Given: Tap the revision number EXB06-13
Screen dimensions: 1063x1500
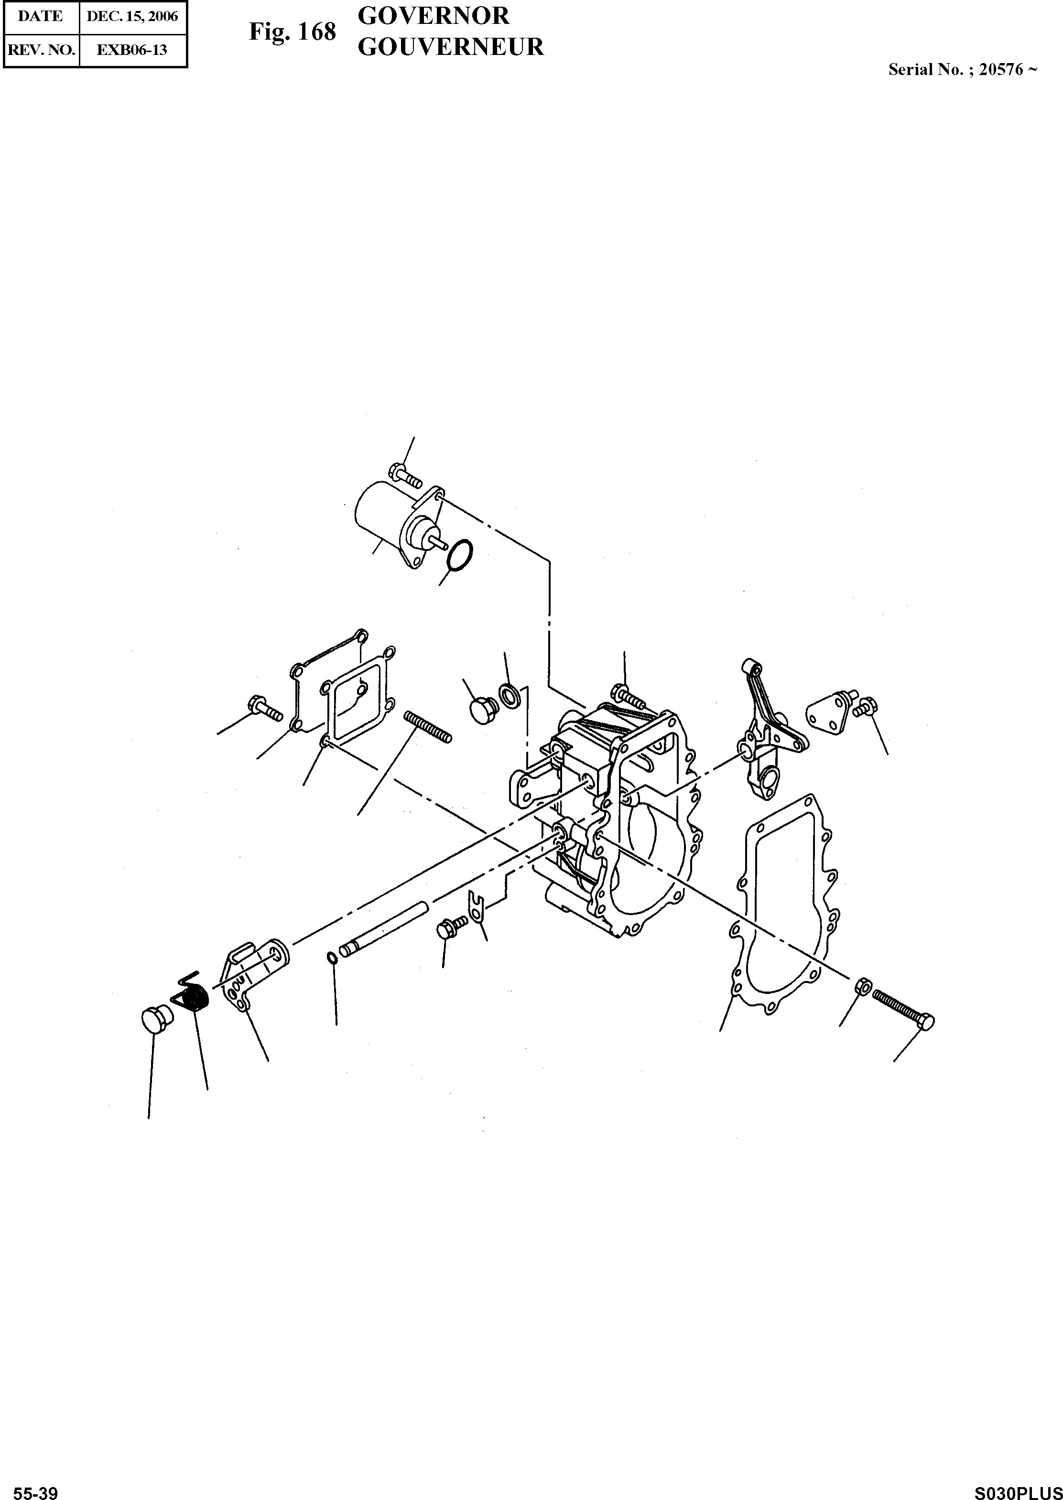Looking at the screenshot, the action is tap(132, 50).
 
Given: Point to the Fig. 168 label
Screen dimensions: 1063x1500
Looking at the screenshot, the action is tap(292, 32).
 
